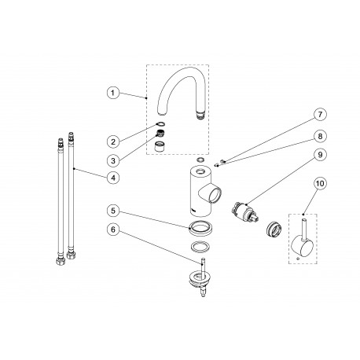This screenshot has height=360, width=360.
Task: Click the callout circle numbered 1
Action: coord(113,94)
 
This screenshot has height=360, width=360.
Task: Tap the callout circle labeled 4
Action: coord(113,178)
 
